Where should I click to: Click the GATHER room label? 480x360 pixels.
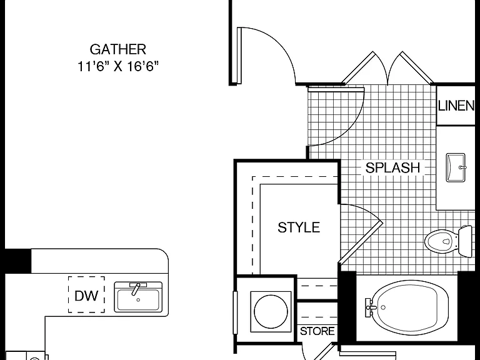coord(118,49)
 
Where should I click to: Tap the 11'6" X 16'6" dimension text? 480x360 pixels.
coord(118,66)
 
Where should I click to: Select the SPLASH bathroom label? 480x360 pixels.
coord(392,167)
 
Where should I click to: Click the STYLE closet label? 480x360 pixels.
coord(299,227)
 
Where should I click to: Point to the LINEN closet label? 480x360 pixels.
coord(456,106)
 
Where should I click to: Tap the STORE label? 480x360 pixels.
coord(317,331)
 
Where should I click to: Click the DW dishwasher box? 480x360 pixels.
coord(86,294)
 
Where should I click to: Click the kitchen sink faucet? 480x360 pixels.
coord(136,288)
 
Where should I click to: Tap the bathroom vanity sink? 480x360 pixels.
coord(456,167)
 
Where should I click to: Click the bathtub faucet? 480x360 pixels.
coord(370,307)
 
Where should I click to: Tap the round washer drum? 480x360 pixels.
coord(271,312)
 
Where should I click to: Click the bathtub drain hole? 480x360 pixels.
coord(383,307)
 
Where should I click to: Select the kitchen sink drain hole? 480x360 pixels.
coord(138,300)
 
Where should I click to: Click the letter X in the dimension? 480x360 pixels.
coord(118,66)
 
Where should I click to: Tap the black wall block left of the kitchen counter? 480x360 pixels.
coord(17,261)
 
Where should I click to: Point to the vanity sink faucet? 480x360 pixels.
coord(462,167)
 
